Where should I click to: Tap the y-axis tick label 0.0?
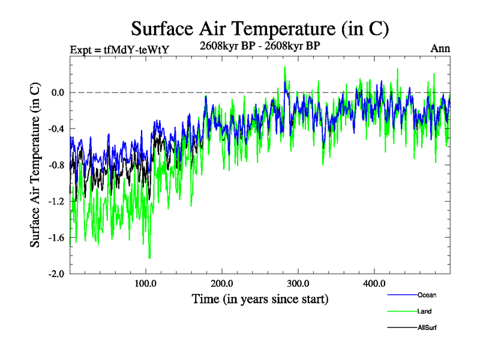[57, 93]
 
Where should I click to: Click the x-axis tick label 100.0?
[146, 283]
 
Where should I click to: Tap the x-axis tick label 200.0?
[222, 283]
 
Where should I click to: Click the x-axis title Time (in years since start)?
[260, 298]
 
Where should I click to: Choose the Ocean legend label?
[427, 295]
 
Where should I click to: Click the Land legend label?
[424, 311]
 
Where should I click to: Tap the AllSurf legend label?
[427, 328]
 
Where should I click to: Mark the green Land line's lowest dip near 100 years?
[149, 257]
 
